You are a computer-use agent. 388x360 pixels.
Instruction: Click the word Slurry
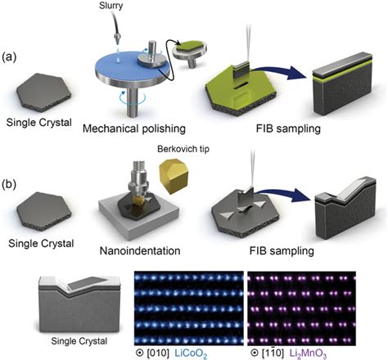click(x=111, y=6)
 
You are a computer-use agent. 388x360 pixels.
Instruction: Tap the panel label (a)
click(x=10, y=57)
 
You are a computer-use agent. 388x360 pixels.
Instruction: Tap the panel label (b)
click(x=10, y=185)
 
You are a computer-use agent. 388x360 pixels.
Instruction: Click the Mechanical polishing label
click(x=134, y=128)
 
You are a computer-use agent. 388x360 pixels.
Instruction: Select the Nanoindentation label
click(x=140, y=250)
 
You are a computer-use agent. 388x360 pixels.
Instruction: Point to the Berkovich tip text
click(x=183, y=149)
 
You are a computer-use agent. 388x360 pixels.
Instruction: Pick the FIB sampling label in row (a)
click(x=288, y=128)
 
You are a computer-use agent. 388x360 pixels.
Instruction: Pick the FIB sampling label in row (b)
click(x=282, y=250)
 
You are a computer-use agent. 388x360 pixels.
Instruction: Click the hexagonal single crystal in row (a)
click(x=44, y=92)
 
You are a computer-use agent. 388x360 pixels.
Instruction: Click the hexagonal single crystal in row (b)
click(x=44, y=211)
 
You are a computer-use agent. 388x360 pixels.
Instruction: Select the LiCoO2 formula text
click(x=191, y=353)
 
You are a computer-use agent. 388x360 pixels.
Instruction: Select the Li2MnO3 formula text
click(x=308, y=353)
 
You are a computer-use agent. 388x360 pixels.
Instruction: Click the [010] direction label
click(x=158, y=353)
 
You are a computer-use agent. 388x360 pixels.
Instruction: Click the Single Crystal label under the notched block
click(x=79, y=341)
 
